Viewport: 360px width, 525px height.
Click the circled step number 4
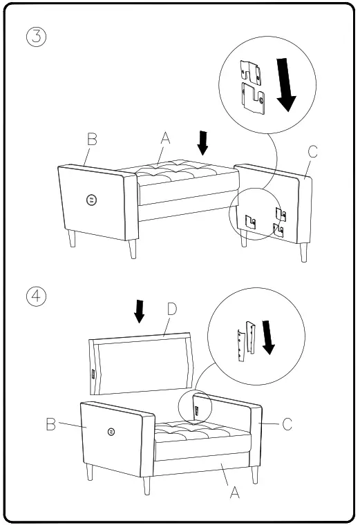pyautogui.click(x=37, y=296)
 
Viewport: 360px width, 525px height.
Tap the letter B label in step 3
pyautogui.click(x=91, y=139)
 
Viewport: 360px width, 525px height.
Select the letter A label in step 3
pyautogui.click(x=165, y=138)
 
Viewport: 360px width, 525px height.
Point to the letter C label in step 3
pyautogui.click(x=312, y=153)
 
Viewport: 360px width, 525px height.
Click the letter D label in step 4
pyautogui.click(x=172, y=309)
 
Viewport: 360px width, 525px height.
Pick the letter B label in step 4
pyautogui.click(x=51, y=424)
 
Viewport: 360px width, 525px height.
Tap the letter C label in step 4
pyautogui.click(x=287, y=424)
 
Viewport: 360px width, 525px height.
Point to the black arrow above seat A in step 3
pyautogui.click(x=202, y=142)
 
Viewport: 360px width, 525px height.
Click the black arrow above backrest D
pyautogui.click(x=140, y=311)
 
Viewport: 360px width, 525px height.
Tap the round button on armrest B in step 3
pyautogui.click(x=91, y=200)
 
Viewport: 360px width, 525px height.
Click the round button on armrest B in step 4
pyautogui.click(x=111, y=432)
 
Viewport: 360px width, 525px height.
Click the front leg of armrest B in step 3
pyautogui.click(x=132, y=248)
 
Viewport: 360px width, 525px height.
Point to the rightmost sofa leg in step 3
pyautogui.click(x=303, y=251)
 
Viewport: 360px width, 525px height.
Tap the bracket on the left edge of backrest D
pyautogui.click(x=93, y=374)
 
